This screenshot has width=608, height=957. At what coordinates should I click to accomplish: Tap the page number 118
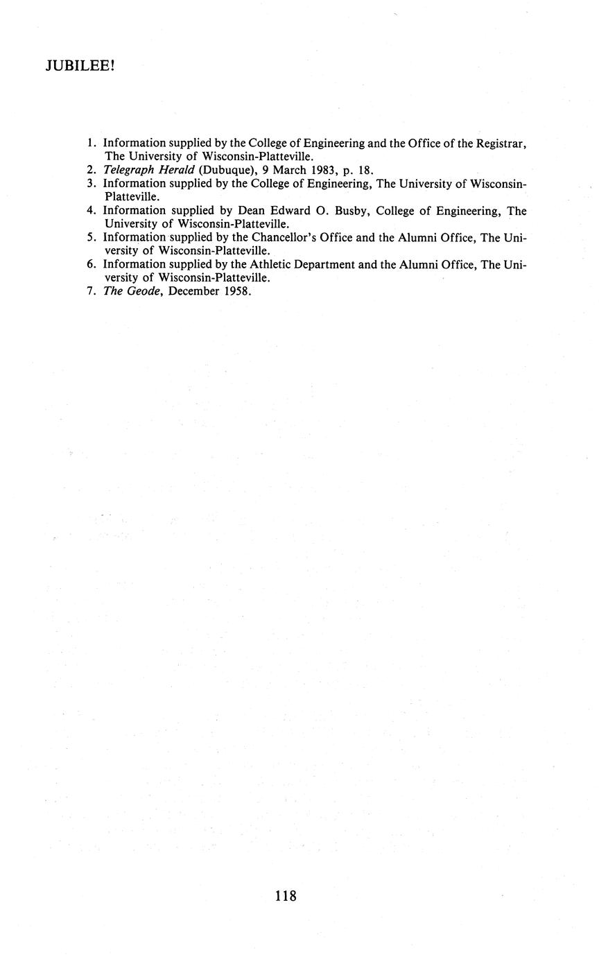click(286, 895)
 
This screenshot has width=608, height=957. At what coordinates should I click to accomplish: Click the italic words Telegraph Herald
click(149, 170)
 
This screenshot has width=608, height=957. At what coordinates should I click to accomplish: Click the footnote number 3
click(91, 184)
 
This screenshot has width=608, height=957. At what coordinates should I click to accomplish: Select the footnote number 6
click(91, 264)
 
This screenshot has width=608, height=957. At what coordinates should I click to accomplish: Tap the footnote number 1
click(91, 143)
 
